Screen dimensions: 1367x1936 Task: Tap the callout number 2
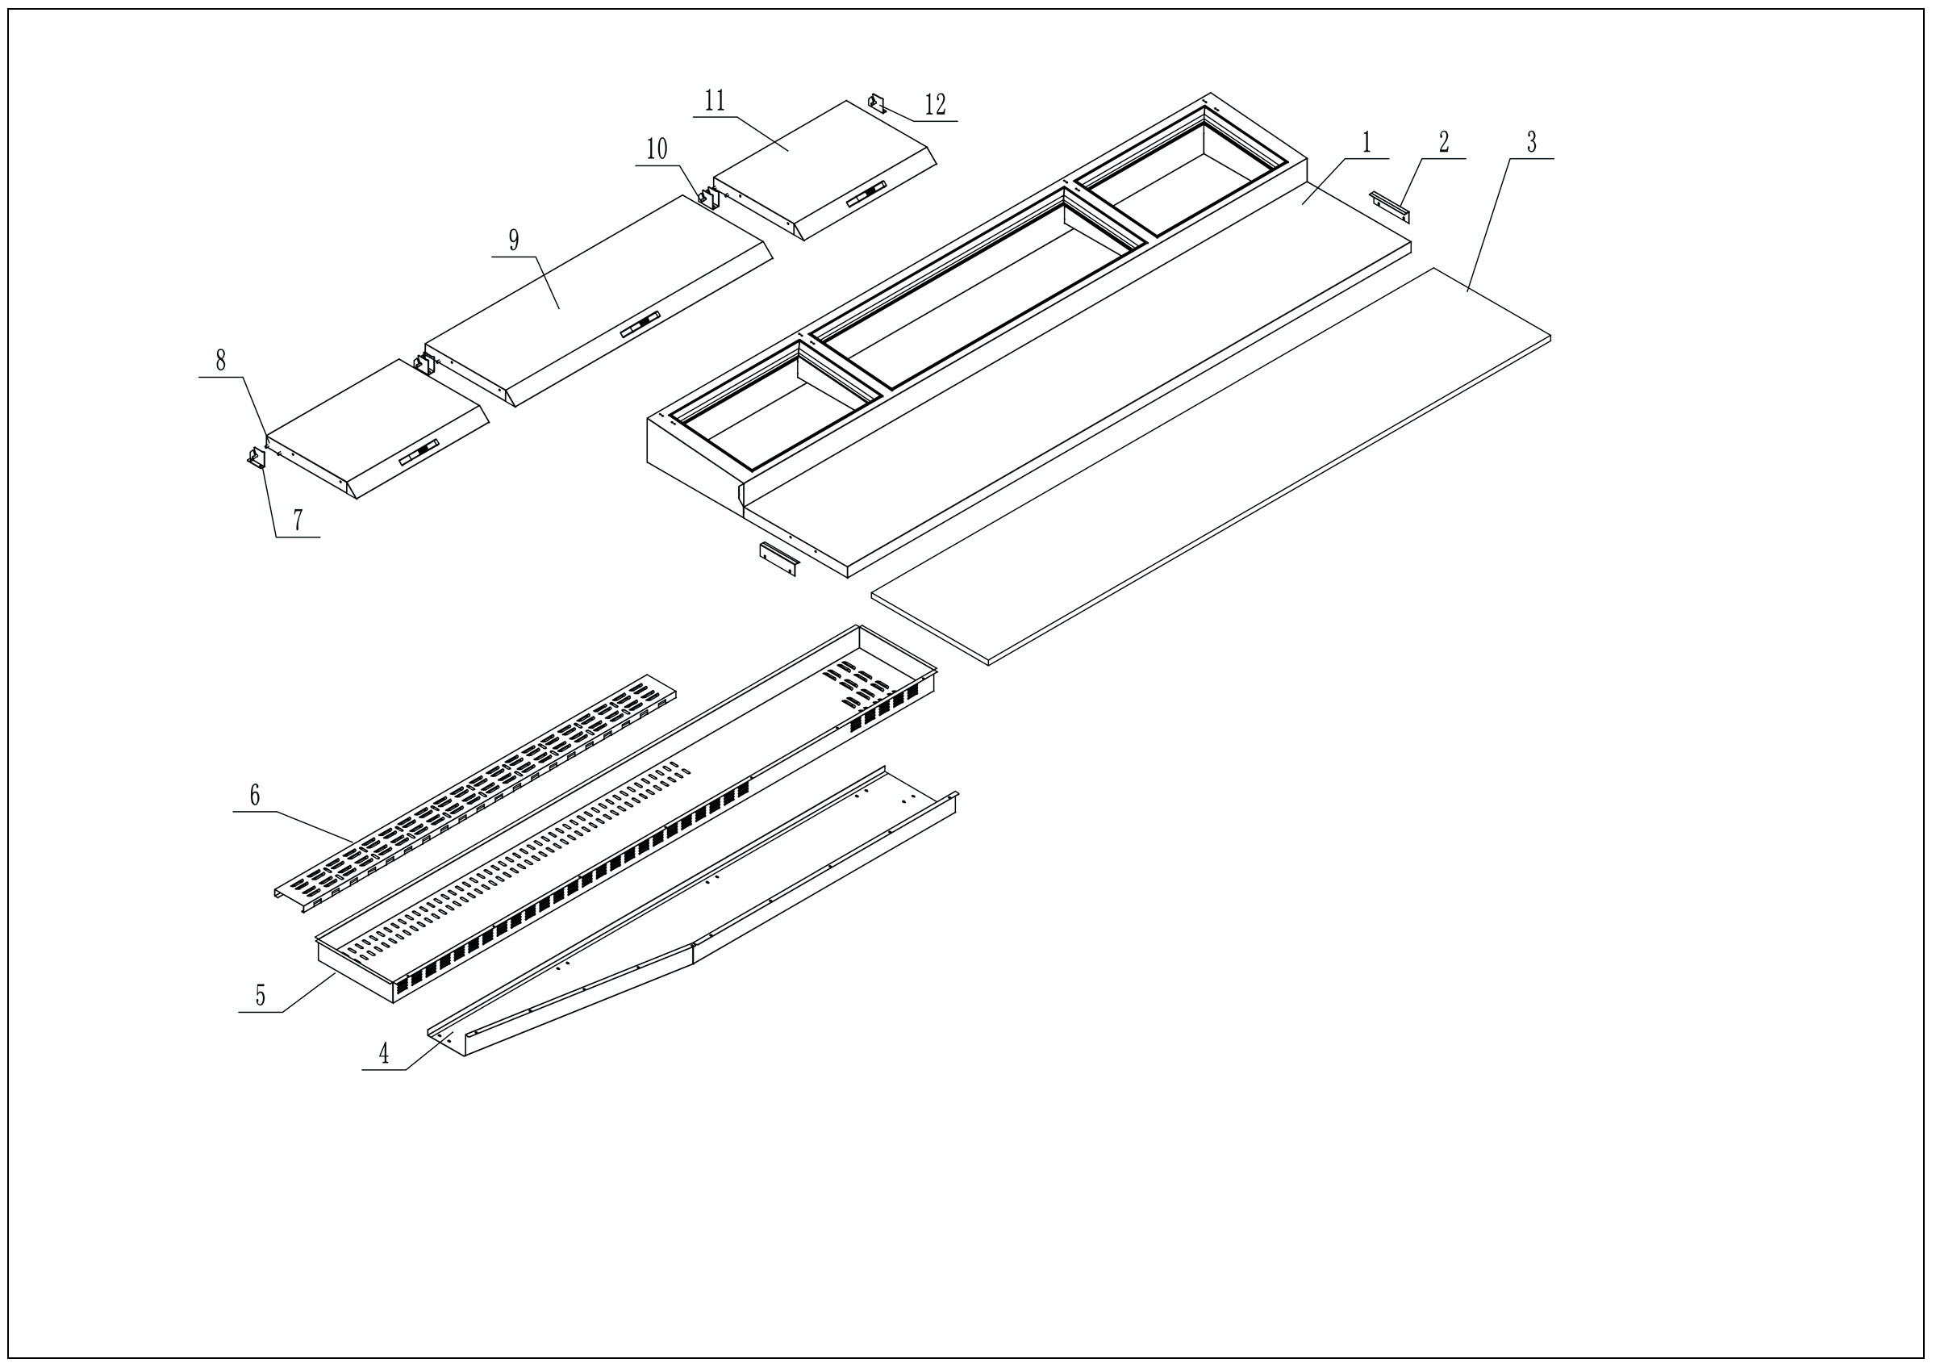pyautogui.click(x=1443, y=142)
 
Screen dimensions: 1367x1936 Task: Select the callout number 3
pyautogui.click(x=1531, y=142)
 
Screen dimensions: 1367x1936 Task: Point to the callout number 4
pyautogui.click(x=384, y=1053)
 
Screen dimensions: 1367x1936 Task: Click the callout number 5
pyautogui.click(x=261, y=996)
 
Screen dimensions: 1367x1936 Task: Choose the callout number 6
pyautogui.click(x=255, y=795)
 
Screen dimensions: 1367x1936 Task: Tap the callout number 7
pyautogui.click(x=298, y=520)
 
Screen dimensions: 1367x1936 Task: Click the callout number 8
pyautogui.click(x=221, y=361)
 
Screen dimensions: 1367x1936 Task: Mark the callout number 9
pyautogui.click(x=514, y=240)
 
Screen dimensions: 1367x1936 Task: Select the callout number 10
pyautogui.click(x=657, y=150)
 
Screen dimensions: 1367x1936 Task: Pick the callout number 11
pyautogui.click(x=715, y=101)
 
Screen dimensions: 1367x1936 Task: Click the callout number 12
pyautogui.click(x=935, y=106)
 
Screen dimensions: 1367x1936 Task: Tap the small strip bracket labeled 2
pyautogui.click(x=1389, y=207)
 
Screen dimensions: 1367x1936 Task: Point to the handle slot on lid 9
pyautogui.click(x=640, y=327)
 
